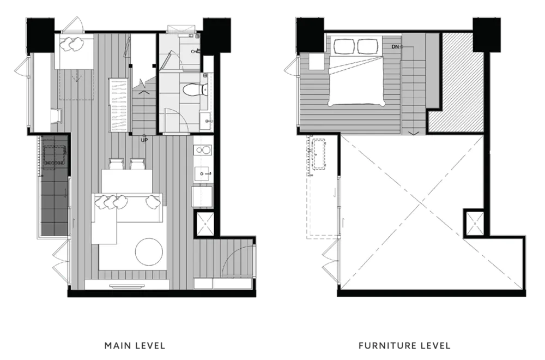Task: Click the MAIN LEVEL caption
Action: pos(135,345)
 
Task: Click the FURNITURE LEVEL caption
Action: pos(404,345)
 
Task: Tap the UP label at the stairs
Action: pos(144,140)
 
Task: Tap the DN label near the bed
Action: pos(395,46)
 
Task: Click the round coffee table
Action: pos(149,251)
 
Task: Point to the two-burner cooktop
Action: pos(203,149)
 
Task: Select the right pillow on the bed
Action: pos(369,46)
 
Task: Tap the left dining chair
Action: pos(116,164)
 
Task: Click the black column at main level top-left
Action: pos(40,36)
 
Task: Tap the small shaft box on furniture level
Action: pos(474,222)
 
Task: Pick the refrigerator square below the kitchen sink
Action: pos(202,197)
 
